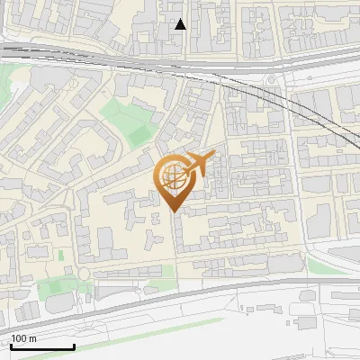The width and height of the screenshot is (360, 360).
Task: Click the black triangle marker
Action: click(x=181, y=24)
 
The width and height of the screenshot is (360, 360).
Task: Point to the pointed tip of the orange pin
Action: click(x=174, y=211)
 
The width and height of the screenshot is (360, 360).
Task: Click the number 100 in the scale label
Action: click(x=18, y=338)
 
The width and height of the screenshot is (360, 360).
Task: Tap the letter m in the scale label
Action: click(x=32, y=338)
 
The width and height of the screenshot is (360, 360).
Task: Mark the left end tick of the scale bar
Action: click(x=12, y=346)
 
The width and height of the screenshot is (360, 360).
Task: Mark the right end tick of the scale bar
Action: click(x=74, y=346)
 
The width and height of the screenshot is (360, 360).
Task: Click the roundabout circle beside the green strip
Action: click(x=83, y=273)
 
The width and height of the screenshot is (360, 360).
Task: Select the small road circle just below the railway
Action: click(x=271, y=80)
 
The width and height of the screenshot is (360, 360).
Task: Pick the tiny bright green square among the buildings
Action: click(x=61, y=256)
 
